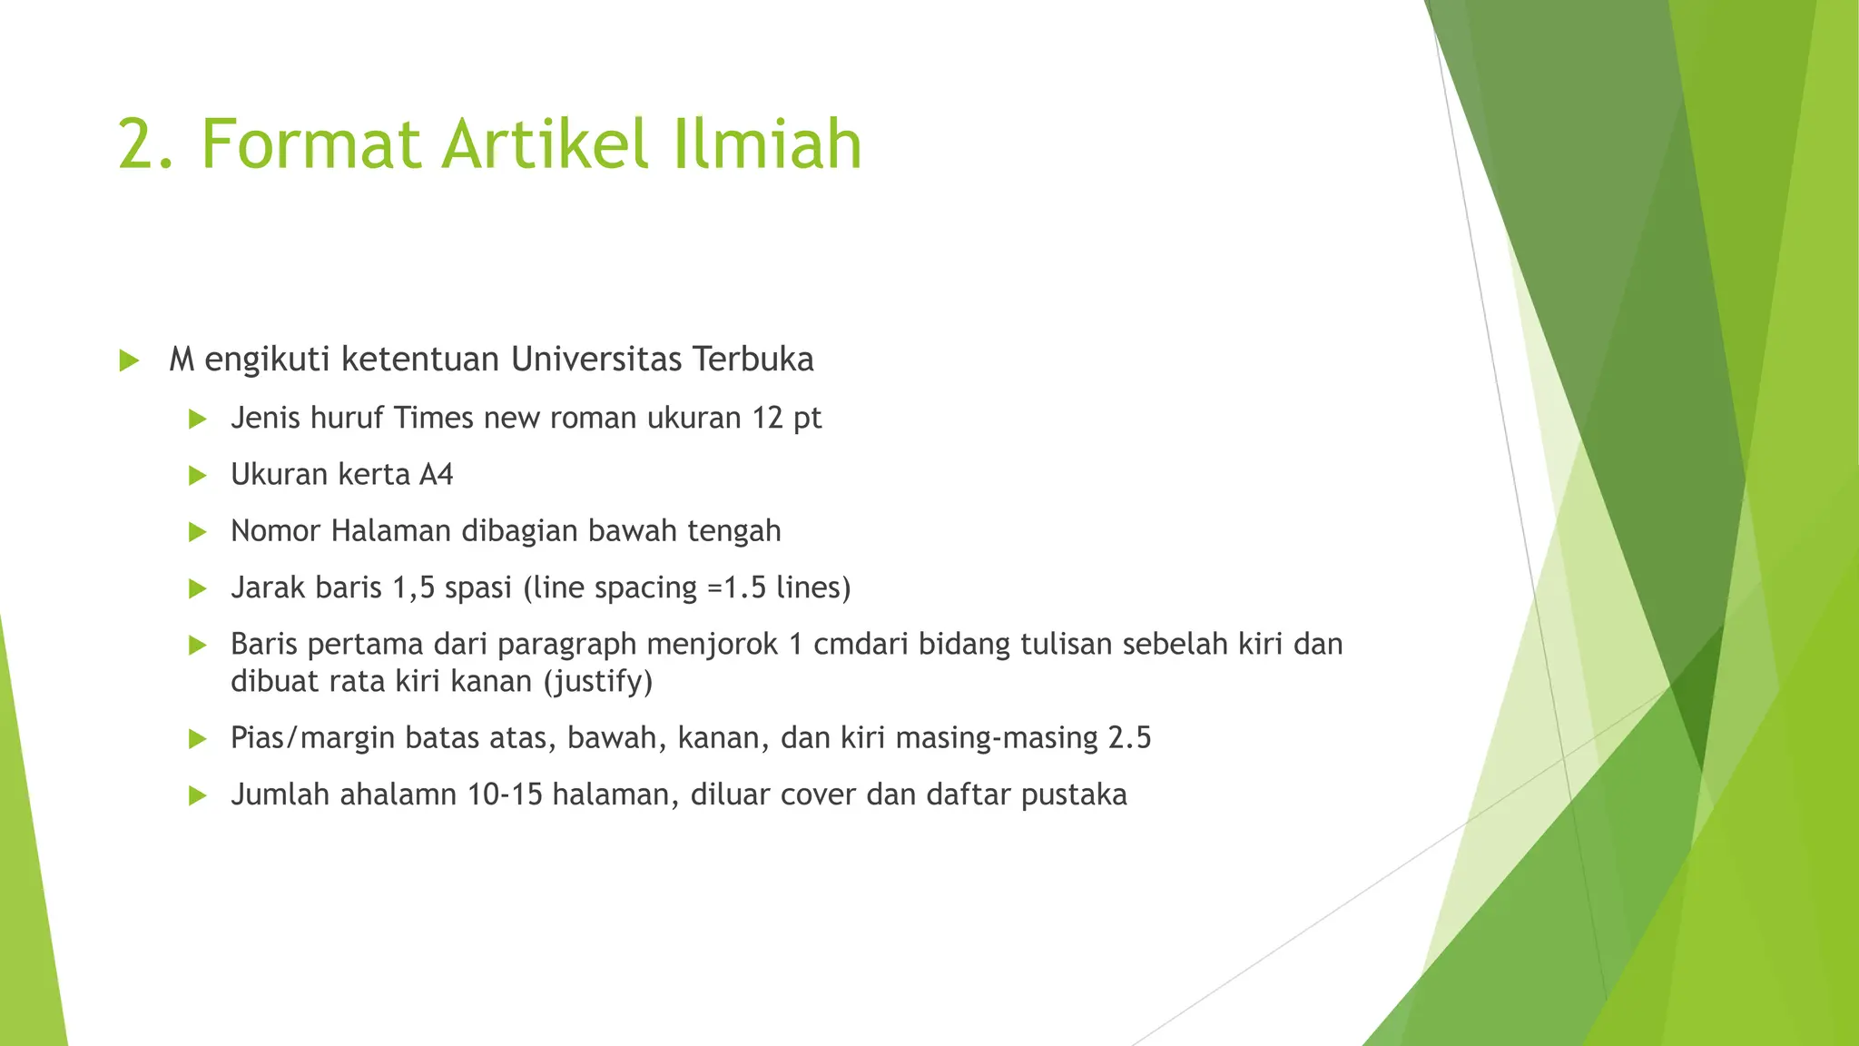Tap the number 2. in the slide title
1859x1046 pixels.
point(145,143)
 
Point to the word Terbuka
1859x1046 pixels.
point(752,360)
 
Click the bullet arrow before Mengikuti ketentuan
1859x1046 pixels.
point(129,361)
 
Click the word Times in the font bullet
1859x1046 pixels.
point(434,418)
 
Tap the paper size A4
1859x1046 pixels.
point(436,475)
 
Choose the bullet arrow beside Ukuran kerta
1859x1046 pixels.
point(197,476)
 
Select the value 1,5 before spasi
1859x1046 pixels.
point(413,588)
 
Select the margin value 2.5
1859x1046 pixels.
point(1129,737)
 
